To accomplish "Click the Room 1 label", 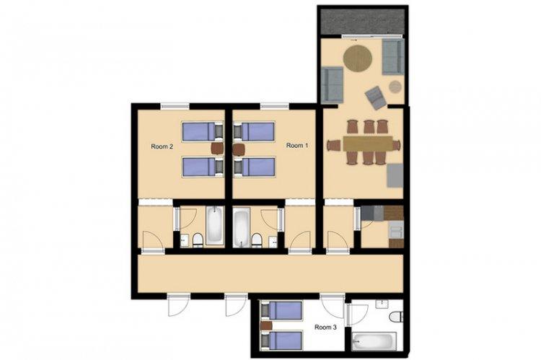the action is click(297, 146).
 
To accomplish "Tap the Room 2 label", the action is click(162, 146).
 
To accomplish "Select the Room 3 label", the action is click(325, 327).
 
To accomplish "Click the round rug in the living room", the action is click(358, 58).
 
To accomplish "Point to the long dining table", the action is click(368, 144).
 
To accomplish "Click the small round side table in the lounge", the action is click(395, 87).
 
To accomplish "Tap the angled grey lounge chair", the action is click(376, 97).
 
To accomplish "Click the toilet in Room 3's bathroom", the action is click(396, 317).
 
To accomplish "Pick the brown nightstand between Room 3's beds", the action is click(266, 325).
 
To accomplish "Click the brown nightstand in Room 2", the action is click(217, 149).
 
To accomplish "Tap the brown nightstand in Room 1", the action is click(239, 149).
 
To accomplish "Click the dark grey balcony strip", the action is click(362, 22).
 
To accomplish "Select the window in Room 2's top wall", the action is click(175, 106).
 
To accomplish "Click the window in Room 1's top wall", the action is click(275, 106).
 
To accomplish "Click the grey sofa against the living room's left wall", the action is click(332, 85).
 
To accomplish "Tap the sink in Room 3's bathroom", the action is click(382, 304).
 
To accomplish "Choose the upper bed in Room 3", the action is click(281, 310).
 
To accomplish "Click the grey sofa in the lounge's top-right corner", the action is click(393, 56).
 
